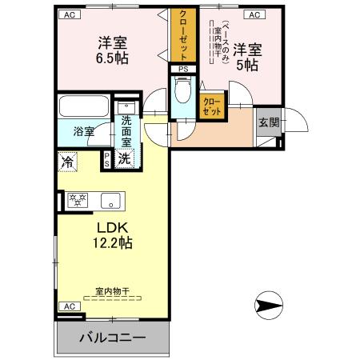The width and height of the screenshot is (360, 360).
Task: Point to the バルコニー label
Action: [112, 338]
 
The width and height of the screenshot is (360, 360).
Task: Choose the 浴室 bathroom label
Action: [84, 130]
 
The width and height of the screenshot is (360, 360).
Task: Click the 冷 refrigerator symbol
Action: [68, 160]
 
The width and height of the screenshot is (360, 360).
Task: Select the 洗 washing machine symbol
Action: [125, 158]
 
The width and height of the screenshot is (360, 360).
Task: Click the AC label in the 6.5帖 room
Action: [70, 14]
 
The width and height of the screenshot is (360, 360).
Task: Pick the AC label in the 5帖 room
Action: [253, 14]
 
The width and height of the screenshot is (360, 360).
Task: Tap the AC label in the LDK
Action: [70, 306]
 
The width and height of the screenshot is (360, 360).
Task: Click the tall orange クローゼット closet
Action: [182, 35]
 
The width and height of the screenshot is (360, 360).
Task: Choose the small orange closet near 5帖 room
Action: [211, 106]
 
